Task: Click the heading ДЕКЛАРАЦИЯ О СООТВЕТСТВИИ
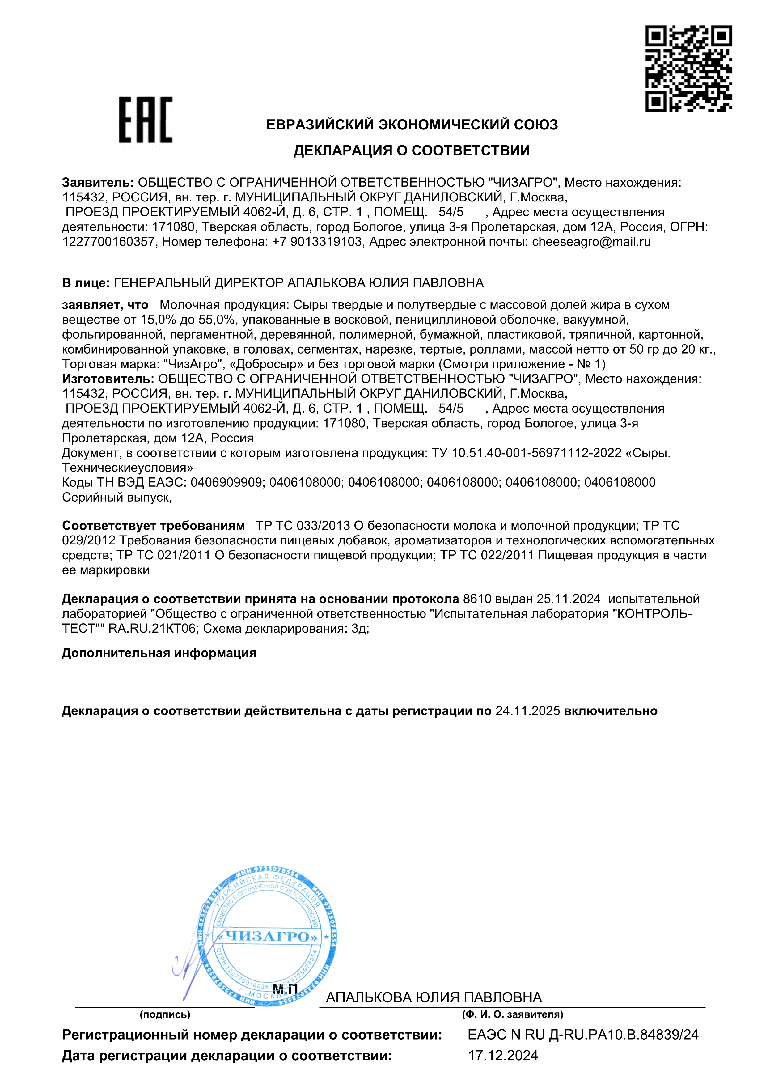412,150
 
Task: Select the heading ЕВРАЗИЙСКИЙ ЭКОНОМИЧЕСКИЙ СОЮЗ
412,125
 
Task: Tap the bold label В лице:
86,283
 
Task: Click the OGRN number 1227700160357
108,242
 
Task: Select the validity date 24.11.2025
528,711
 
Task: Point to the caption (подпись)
165,1014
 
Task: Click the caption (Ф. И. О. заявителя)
513,1014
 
